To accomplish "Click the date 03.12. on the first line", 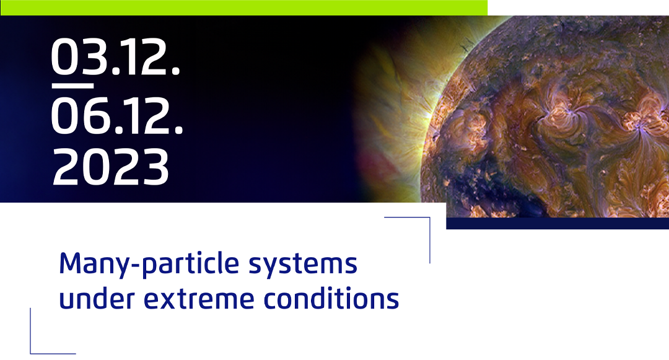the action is pos(116,57).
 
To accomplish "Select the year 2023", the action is pos(110,167).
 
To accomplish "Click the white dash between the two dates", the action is pos(72,86).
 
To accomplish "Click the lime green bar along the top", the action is pos(243,7).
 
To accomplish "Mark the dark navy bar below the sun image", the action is pos(557,224).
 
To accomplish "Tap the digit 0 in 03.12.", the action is pos(64,57).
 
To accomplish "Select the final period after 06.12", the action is pos(179,131).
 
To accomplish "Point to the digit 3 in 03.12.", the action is pos(94,57).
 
